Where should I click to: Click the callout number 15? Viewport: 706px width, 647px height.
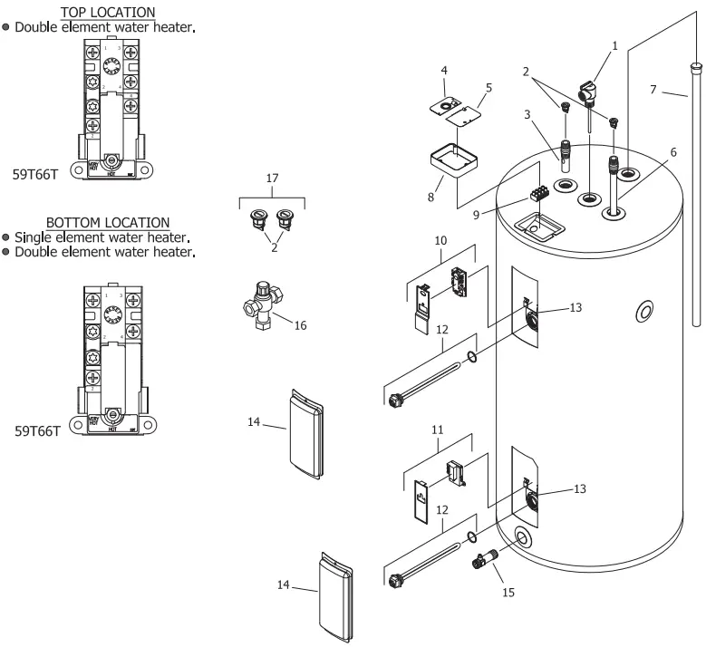(508, 593)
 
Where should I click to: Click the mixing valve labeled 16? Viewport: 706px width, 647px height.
(265, 304)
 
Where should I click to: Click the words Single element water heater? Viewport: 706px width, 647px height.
(101, 237)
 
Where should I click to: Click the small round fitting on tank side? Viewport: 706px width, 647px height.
(644, 312)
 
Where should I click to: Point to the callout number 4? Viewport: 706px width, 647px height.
(444, 70)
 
